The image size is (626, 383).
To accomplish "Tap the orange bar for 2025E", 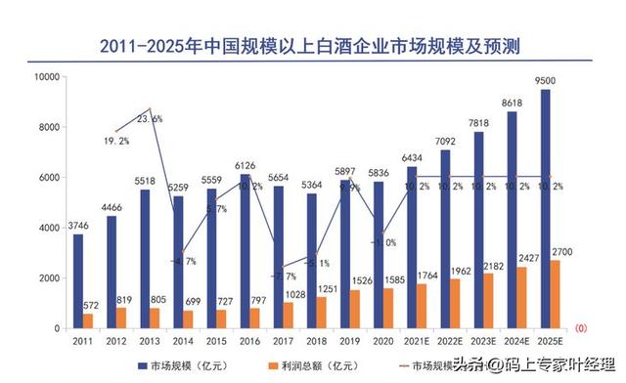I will pyautogui.click(x=556, y=294).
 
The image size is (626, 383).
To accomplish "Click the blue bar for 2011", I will pyautogui.click(x=78, y=281).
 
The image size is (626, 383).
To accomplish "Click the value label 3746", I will pyautogui.click(x=77, y=226).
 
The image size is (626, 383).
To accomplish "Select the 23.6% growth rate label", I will pyautogui.click(x=151, y=118).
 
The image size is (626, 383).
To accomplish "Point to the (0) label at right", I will pyautogui.click(x=581, y=327).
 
